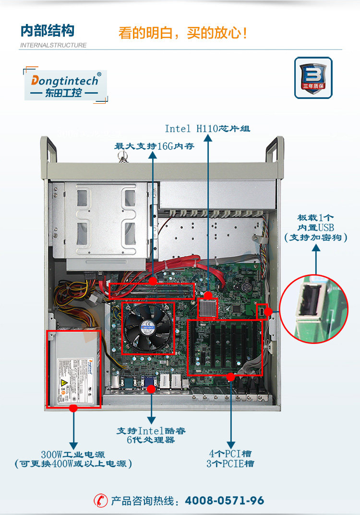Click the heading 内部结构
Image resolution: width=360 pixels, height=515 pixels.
tap(47, 31)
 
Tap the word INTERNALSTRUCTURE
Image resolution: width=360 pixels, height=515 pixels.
tap(53, 45)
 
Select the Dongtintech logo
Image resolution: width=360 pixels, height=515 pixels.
tap(65, 85)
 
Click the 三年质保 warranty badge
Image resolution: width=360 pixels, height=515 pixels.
tap(313, 78)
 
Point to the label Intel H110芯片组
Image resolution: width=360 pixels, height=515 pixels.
tap(207, 129)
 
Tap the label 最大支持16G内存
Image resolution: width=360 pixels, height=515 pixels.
tap(154, 146)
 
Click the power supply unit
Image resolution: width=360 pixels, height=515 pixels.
tap(73, 368)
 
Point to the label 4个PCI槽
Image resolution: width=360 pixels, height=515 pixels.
tap(230, 454)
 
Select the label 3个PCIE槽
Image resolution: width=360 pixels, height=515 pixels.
tap(230, 464)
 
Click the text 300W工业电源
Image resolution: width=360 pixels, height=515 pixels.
tap(73, 454)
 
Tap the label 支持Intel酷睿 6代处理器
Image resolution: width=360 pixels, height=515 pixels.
tap(151, 435)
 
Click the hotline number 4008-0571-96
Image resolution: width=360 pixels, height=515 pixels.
tap(224, 501)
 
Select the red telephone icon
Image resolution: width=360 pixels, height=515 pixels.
tap(100, 501)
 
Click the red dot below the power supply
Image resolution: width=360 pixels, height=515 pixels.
tap(73, 408)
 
